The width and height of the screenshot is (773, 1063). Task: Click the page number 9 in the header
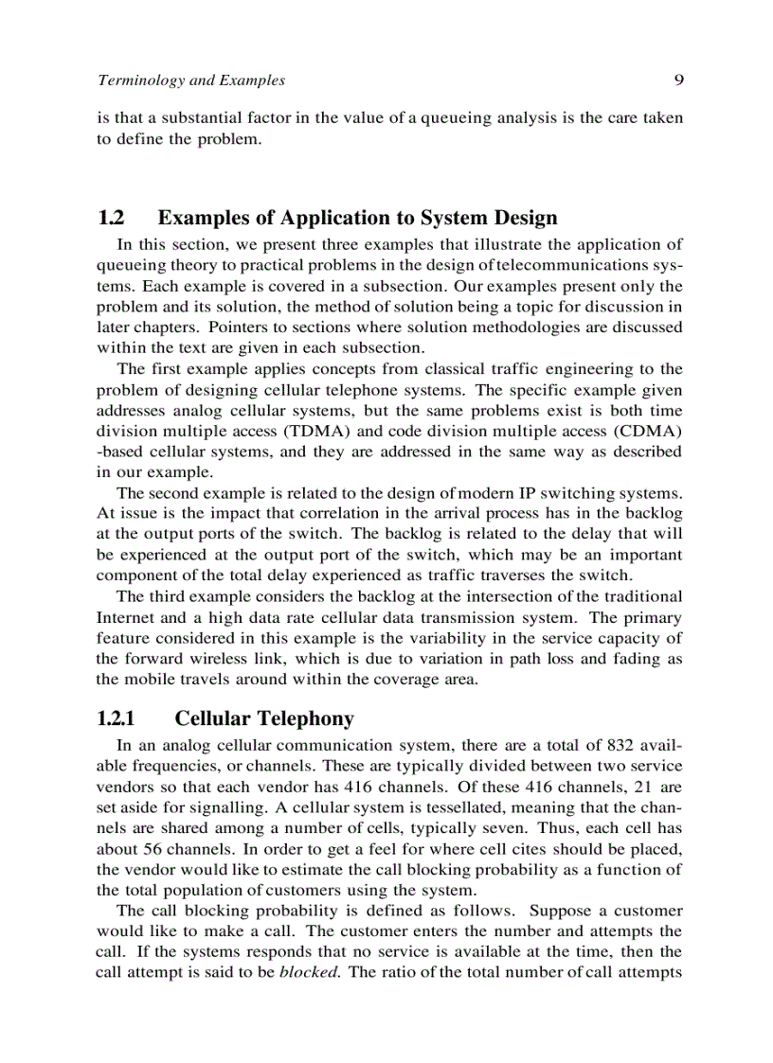click(x=678, y=80)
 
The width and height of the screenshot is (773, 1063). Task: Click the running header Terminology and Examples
click(x=191, y=80)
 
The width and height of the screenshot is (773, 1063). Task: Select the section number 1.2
click(x=111, y=219)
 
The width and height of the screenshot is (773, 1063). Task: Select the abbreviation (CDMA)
click(x=649, y=432)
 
